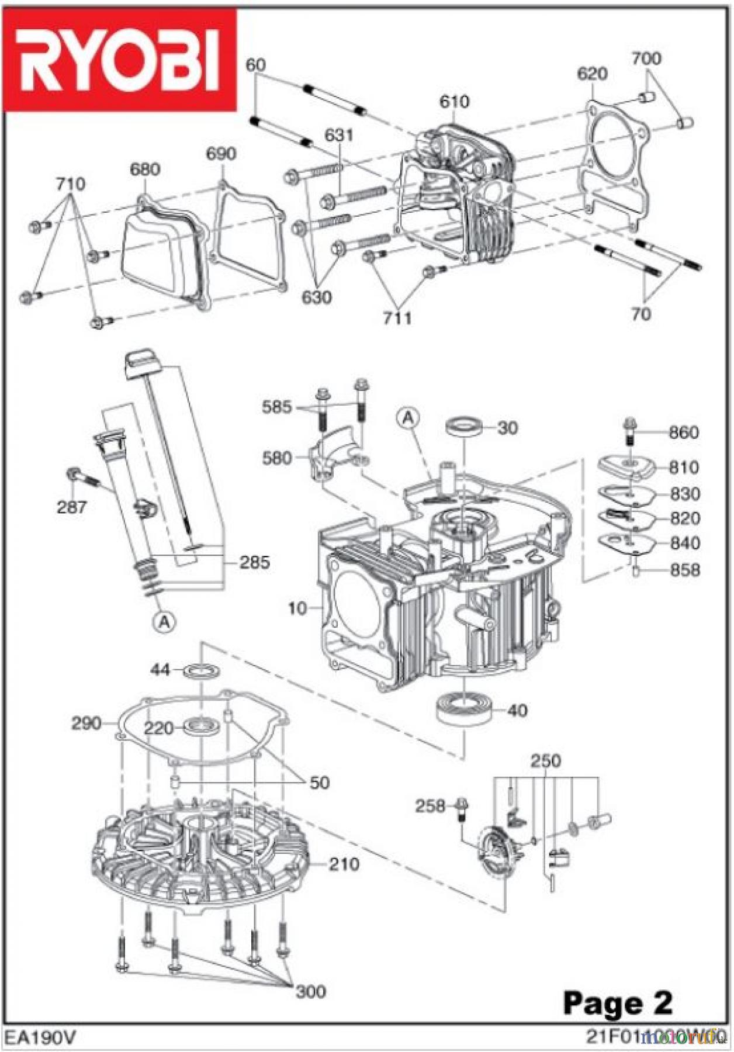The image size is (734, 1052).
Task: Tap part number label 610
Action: click(x=454, y=102)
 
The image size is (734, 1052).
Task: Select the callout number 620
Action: click(x=591, y=74)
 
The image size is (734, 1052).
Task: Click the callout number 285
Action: click(x=255, y=562)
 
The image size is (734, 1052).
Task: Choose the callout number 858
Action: click(x=685, y=570)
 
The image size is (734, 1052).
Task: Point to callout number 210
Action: click(x=344, y=864)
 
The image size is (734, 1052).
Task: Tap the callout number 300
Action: click(x=310, y=991)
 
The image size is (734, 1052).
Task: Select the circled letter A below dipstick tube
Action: click(x=165, y=621)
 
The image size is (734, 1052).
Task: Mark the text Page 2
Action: click(x=617, y=1003)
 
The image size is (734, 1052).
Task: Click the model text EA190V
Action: click(x=40, y=1038)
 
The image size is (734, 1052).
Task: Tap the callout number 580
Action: click(x=276, y=458)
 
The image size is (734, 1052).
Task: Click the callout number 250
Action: click(x=545, y=761)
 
